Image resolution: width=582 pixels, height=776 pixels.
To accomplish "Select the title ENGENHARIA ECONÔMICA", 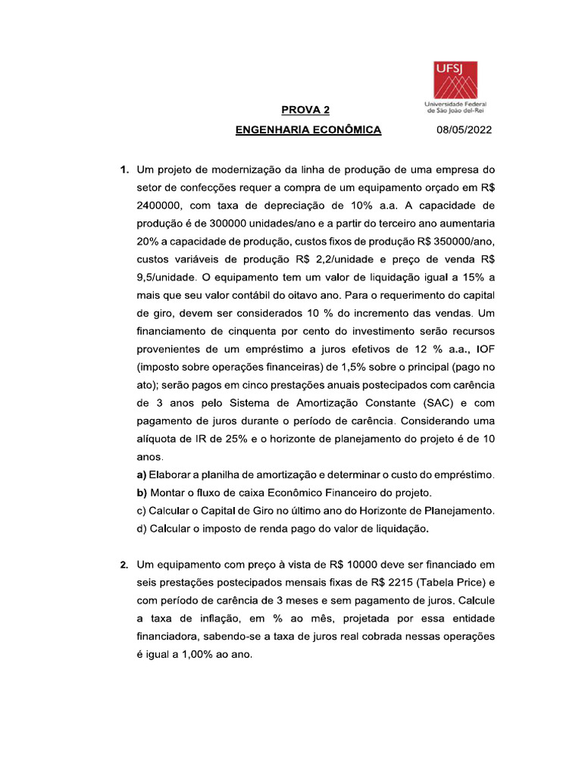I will [308, 130].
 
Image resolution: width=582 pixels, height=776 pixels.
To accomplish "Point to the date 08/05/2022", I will [464, 130].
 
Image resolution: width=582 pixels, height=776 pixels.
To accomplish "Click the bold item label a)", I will [142, 475].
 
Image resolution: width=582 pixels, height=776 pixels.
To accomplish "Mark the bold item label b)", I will [142, 493].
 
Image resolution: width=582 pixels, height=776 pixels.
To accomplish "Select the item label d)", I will [142, 529].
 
